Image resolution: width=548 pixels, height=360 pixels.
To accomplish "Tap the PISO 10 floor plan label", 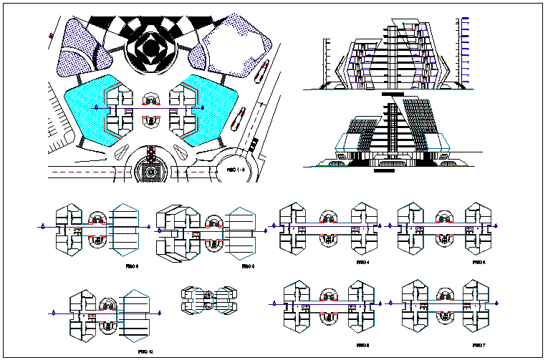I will point(145,351).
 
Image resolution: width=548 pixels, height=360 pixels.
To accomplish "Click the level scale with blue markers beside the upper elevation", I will point(466,50).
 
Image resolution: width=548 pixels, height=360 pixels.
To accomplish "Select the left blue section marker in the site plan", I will point(97,107).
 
